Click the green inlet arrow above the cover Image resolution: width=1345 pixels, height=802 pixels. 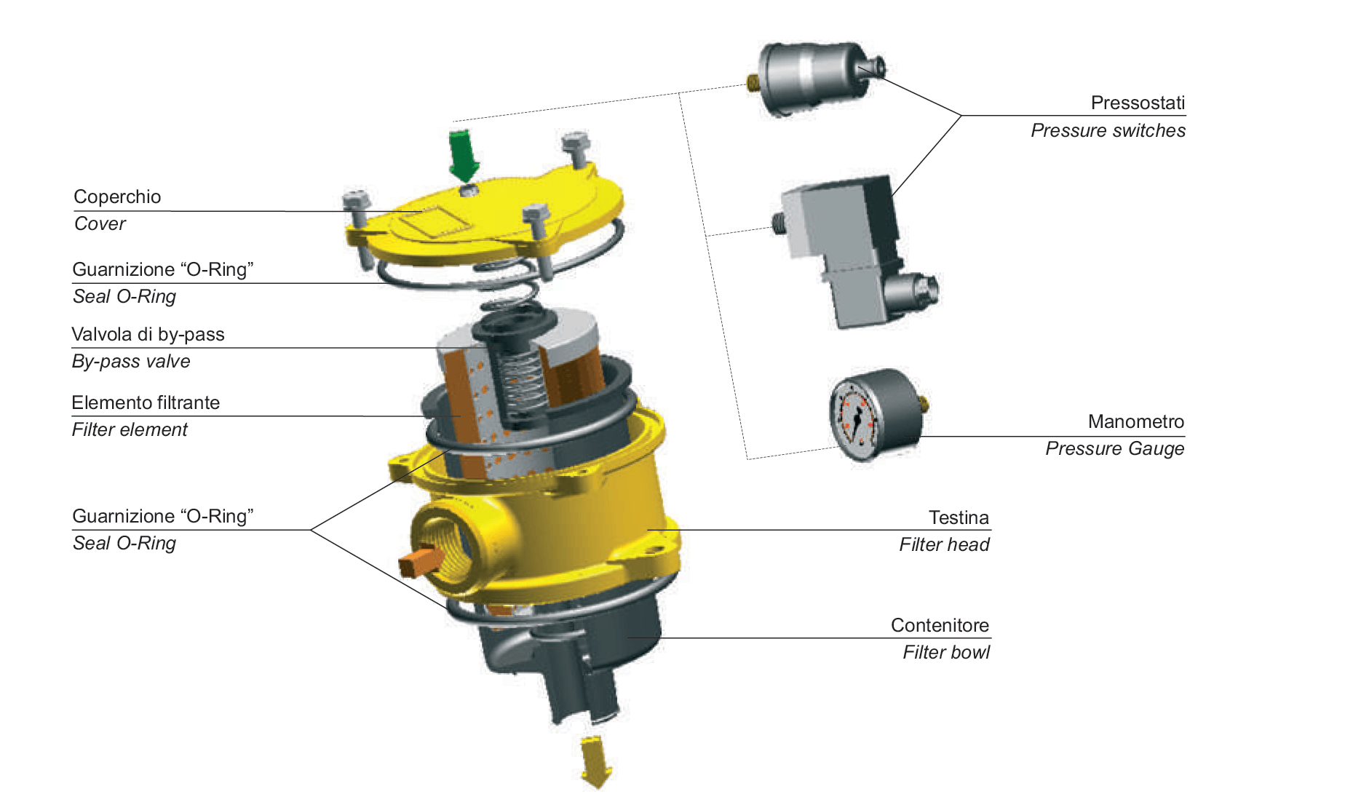point(463,155)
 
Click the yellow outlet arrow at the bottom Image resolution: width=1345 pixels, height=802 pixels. point(596,761)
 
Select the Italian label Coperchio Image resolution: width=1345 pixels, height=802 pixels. point(117,197)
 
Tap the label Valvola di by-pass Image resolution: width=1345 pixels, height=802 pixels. point(148,334)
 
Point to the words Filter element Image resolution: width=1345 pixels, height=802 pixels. point(130,429)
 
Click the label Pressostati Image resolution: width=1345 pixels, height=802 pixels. point(1138,103)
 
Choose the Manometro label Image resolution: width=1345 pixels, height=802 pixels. point(1136,421)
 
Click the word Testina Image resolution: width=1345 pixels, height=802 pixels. point(959,517)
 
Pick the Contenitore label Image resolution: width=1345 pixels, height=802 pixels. point(940,625)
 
